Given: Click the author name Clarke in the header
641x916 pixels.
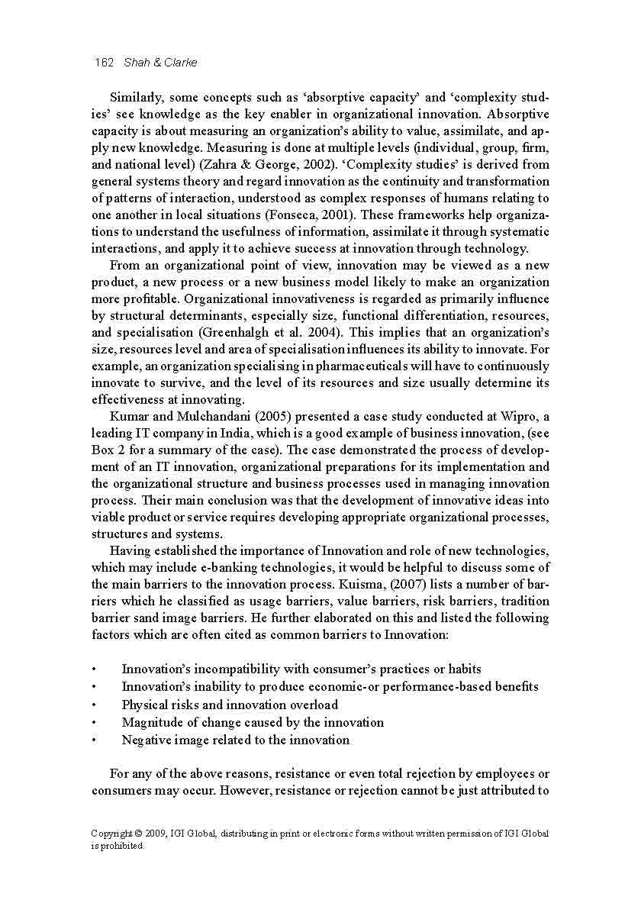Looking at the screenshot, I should [x=180, y=63].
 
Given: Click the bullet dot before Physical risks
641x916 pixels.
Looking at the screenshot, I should [x=94, y=705].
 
